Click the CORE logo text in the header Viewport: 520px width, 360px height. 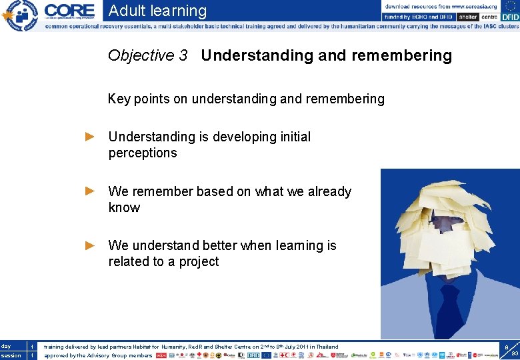(x=69, y=10)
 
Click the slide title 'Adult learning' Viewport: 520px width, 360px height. (x=157, y=11)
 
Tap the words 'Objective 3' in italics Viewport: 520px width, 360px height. (x=147, y=55)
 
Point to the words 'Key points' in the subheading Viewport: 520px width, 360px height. (x=139, y=99)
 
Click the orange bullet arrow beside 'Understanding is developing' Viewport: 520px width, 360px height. (x=91, y=137)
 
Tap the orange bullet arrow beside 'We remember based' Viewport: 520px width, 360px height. (x=91, y=191)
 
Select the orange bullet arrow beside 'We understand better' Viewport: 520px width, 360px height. (x=91, y=245)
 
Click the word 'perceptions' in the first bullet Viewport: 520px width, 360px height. (x=143, y=153)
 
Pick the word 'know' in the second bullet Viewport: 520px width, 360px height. (x=124, y=208)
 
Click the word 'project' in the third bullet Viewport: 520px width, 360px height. (x=199, y=262)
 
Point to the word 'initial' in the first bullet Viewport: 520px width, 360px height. (x=290, y=137)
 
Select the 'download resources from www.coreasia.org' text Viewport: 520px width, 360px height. (x=440, y=6)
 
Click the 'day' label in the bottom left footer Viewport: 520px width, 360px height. (x=6, y=347)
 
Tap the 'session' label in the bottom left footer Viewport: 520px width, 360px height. (x=11, y=355)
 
